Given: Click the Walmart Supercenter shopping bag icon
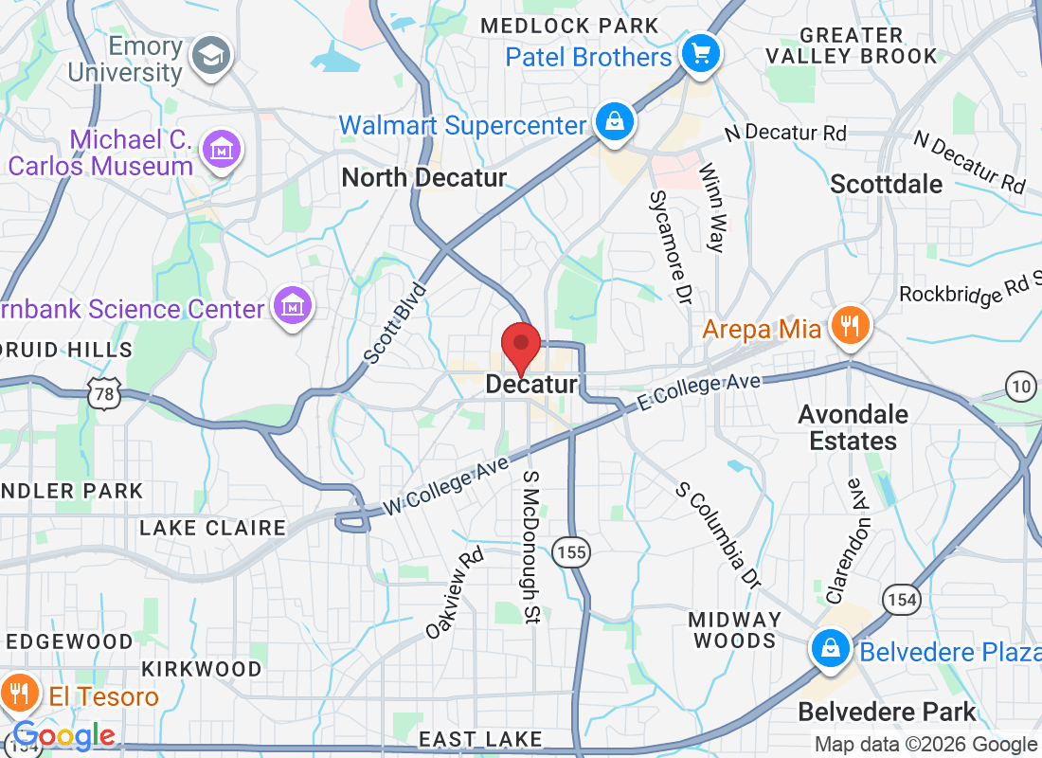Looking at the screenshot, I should point(614,123).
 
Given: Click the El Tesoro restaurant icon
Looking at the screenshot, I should point(17,693).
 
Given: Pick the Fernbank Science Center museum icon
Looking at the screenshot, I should point(292,306).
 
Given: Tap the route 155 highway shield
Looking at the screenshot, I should point(572,552).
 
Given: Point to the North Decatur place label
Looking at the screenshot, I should point(423,177).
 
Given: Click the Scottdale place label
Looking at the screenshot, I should point(886,184).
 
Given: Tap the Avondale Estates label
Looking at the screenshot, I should point(847,427).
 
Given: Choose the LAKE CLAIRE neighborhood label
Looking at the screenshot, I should point(212,528).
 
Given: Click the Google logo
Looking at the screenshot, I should point(64,735).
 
